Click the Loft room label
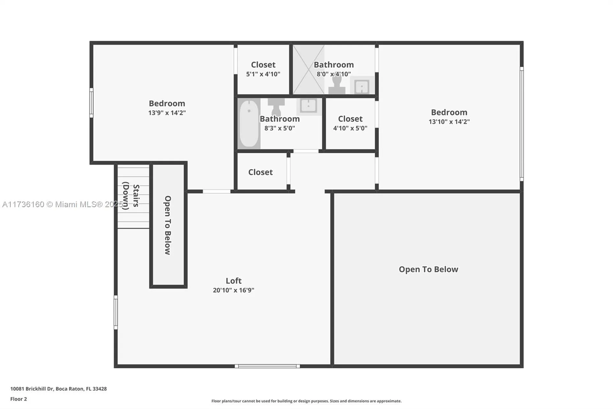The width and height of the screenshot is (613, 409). (x=233, y=280)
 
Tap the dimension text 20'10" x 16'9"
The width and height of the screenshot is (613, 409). (x=233, y=290)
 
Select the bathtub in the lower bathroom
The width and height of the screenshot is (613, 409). (x=249, y=123)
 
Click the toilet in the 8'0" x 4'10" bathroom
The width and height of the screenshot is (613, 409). (x=337, y=85)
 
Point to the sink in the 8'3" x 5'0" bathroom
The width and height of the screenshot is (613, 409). (x=308, y=106)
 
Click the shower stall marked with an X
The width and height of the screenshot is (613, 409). (x=308, y=69)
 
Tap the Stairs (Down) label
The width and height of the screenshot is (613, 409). (x=131, y=196)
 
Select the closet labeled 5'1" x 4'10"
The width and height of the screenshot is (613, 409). (x=263, y=69)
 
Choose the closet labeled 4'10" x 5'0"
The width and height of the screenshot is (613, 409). (x=350, y=123)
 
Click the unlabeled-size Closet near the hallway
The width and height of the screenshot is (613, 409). (x=261, y=172)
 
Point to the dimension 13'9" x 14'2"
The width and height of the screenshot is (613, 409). (x=167, y=113)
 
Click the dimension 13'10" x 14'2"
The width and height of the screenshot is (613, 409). (x=449, y=122)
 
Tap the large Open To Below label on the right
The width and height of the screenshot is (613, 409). (x=428, y=269)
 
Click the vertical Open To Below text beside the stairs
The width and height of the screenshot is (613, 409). (x=168, y=225)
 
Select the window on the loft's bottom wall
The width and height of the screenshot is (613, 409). (x=267, y=366)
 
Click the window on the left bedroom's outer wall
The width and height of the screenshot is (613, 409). (x=91, y=103)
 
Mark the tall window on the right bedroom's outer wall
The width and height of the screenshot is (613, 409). (x=521, y=124)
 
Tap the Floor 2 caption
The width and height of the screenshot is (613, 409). (x=19, y=399)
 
